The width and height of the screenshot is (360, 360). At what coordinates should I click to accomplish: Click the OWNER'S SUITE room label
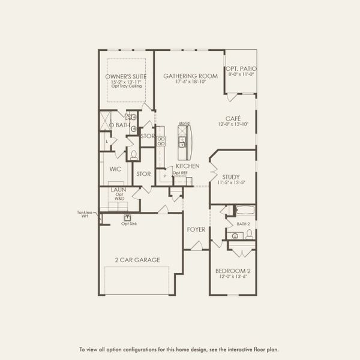click(x=125, y=77)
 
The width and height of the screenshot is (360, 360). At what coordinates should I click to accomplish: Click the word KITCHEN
click(x=187, y=166)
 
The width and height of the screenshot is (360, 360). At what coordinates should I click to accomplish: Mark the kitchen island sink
click(x=182, y=143)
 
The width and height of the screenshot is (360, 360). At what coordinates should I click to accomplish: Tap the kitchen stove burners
click(x=161, y=142)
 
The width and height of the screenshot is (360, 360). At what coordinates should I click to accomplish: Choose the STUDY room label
click(x=231, y=177)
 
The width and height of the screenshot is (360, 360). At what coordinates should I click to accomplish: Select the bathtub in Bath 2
click(x=244, y=211)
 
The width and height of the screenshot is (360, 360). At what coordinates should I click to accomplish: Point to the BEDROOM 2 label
click(x=233, y=271)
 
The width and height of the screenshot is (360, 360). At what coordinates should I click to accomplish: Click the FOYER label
click(x=196, y=229)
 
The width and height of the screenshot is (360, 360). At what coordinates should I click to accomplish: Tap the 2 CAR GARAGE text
click(x=137, y=260)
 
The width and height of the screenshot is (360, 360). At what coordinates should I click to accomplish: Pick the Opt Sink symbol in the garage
click(x=127, y=218)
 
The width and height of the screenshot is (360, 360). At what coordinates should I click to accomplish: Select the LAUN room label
click(x=118, y=190)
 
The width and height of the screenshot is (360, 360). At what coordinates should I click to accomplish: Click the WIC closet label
click(x=116, y=169)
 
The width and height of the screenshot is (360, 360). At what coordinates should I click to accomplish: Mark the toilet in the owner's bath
click(x=134, y=155)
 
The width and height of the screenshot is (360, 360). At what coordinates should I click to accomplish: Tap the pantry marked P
click(x=164, y=177)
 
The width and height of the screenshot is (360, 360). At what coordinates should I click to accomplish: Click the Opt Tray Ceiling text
click(x=125, y=87)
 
